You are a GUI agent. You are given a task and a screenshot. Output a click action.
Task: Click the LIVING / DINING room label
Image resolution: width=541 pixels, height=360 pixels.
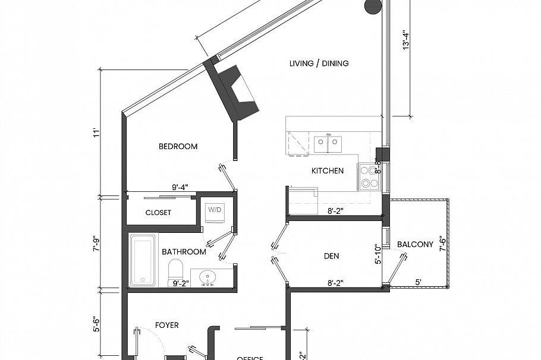click(319, 64)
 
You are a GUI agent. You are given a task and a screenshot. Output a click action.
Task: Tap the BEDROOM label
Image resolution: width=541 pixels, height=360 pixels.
click(178, 147)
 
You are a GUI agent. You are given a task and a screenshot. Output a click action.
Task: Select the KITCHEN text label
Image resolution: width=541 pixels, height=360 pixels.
click(328, 171)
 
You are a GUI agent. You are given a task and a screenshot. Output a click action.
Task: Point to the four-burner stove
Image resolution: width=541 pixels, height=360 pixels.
click(369, 176)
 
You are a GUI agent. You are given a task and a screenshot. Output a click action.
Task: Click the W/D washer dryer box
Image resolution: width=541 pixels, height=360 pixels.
click(213, 210)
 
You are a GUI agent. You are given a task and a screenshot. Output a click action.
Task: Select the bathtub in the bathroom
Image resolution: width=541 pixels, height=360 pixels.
click(143, 260)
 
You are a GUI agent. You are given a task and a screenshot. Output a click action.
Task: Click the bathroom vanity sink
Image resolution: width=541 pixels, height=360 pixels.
click(209, 277)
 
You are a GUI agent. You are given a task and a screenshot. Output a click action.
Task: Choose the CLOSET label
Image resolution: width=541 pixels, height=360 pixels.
click(158, 213)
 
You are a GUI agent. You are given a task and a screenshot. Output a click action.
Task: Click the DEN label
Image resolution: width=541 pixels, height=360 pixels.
click(331, 257)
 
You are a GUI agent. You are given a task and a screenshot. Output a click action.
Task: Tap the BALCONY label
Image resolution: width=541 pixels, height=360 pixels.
click(415, 244)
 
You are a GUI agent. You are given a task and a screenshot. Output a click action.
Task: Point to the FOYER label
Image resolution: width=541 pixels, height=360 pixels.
click(167, 326)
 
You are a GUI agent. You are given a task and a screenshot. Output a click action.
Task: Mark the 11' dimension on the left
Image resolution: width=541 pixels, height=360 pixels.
click(95, 133)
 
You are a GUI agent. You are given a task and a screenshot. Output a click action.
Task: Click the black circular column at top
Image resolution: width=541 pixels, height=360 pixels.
click(372, 6)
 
